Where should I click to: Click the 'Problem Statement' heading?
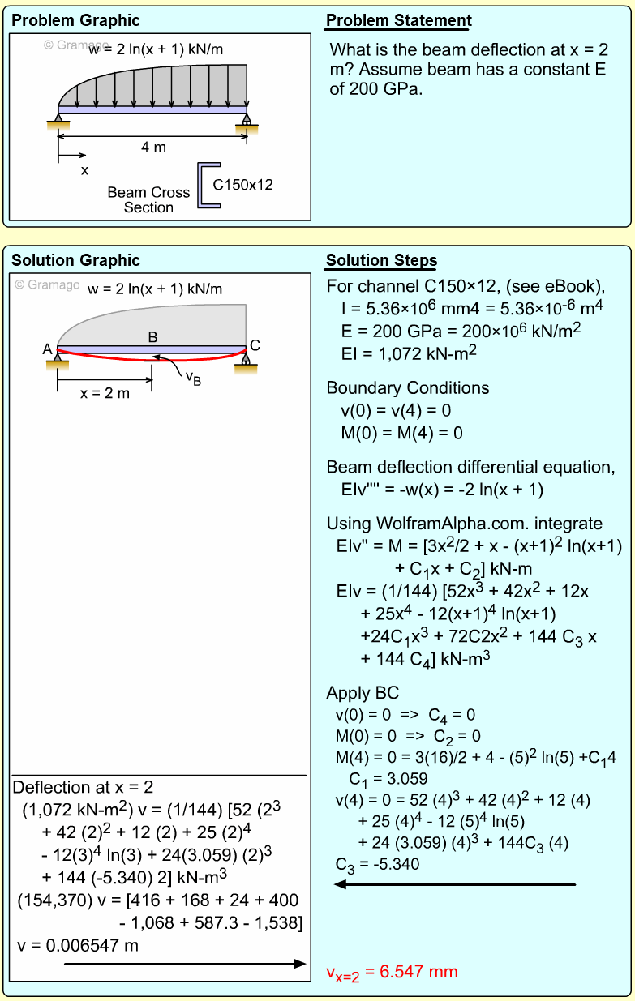click(398, 21)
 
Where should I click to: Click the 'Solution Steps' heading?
click(381, 261)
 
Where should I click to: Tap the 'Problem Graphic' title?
click(75, 21)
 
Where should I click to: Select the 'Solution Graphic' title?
click(75, 261)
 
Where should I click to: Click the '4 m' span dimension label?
click(153, 148)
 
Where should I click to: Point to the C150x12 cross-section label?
click(242, 185)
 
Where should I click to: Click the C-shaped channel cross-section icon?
click(208, 186)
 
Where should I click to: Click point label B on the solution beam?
click(152, 336)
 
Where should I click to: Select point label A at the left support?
click(48, 349)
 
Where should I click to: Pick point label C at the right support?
click(255, 345)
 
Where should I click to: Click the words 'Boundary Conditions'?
click(408, 388)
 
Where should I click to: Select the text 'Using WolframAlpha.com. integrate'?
click(465, 524)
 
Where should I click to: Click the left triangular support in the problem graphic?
click(58, 122)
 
